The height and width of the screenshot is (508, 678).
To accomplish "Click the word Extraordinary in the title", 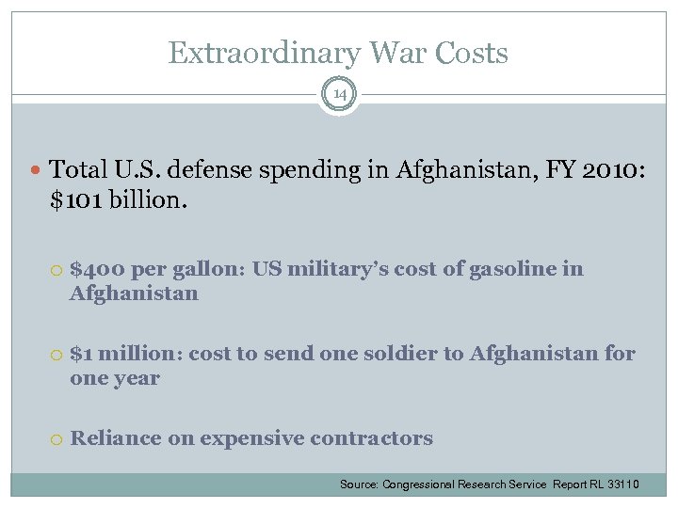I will point(250,53).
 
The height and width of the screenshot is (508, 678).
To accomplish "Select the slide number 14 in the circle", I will point(339,94).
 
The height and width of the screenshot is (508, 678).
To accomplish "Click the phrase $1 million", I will point(125,354).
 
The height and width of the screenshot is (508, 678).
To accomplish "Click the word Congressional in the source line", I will point(414,484).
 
